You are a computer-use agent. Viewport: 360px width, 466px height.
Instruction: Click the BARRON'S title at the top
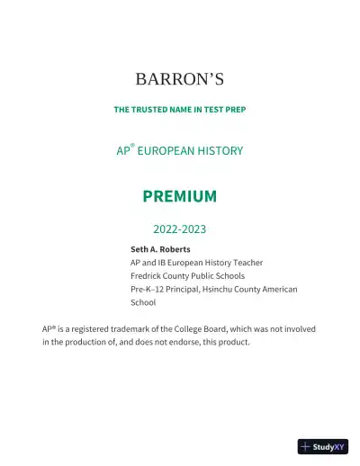(179, 80)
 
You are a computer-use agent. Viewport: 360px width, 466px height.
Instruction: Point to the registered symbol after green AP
(133, 146)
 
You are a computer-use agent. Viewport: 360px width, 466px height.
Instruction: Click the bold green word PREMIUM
(179, 196)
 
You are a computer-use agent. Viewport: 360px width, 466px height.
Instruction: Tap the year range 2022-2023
(180, 229)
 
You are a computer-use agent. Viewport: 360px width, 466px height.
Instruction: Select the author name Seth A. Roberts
(160, 249)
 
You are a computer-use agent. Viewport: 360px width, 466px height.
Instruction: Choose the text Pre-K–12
(149, 290)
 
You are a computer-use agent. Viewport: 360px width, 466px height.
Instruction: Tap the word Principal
(187, 290)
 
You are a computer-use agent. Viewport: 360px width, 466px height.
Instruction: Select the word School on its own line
(143, 303)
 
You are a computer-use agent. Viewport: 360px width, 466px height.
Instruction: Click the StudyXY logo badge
(322, 446)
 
